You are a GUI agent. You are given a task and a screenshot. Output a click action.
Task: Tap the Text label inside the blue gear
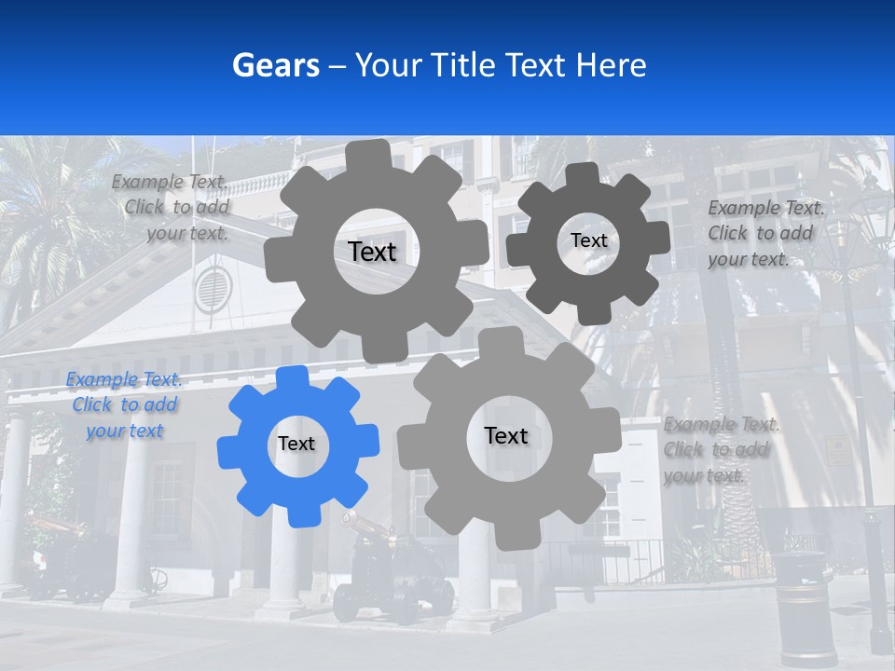click(x=296, y=444)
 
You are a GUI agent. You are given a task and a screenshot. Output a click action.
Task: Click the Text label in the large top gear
click(x=372, y=252)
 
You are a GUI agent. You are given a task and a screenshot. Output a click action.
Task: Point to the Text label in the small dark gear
click(x=588, y=240)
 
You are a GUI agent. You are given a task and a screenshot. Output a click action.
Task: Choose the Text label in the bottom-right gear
click(x=506, y=435)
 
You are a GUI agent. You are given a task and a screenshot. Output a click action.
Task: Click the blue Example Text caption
click(x=124, y=404)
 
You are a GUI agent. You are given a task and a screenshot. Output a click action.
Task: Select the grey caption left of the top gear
click(x=171, y=207)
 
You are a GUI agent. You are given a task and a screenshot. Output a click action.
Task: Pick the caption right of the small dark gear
click(x=765, y=233)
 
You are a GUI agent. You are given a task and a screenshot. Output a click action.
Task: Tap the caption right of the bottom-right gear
click(x=721, y=449)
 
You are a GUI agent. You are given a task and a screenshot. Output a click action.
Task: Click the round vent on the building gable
click(x=213, y=289)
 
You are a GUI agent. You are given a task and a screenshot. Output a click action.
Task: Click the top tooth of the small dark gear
click(x=584, y=176)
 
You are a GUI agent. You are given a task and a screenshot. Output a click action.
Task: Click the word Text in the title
click(x=534, y=65)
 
